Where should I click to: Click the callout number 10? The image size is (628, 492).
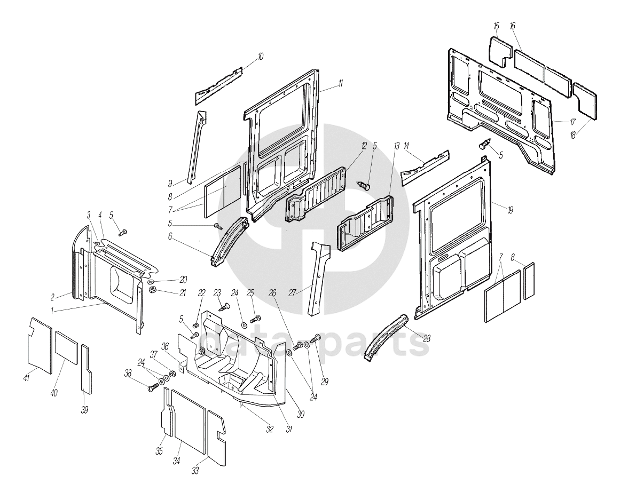click(260, 55)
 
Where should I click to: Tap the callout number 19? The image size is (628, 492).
click(510, 210)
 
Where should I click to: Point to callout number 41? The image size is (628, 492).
click(26, 378)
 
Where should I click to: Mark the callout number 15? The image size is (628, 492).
click(496, 26)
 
